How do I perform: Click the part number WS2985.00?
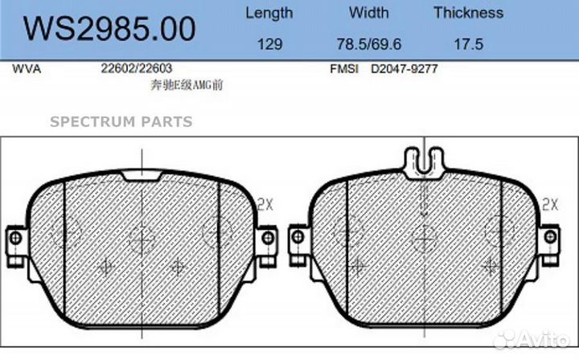(x=109, y=28)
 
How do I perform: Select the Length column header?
(x=269, y=14)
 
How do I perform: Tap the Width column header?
(x=369, y=13)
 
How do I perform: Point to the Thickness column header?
(x=468, y=13)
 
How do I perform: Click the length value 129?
(x=269, y=44)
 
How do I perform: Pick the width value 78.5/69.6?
(x=368, y=44)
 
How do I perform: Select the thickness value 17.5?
(x=468, y=44)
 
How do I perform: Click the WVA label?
(x=27, y=68)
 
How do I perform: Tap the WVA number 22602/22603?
(x=137, y=68)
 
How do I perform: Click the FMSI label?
(x=344, y=68)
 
